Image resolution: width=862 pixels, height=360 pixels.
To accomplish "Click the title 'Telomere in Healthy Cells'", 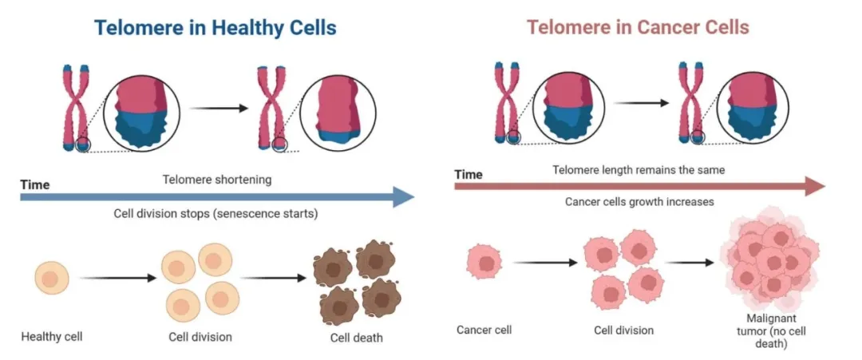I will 215,28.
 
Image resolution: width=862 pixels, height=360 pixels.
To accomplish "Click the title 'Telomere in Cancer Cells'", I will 638,28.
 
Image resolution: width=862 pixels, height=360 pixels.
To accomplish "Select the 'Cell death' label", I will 356,338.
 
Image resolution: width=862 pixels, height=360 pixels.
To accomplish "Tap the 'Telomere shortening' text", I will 216,180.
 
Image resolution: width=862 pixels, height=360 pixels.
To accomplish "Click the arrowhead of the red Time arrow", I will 816,186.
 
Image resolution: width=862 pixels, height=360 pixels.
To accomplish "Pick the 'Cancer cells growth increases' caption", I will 639,202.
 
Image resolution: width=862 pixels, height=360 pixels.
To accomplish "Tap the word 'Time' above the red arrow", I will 469,175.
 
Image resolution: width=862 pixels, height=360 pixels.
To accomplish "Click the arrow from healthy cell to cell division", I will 116,279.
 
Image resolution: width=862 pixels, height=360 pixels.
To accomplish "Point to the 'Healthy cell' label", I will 52,336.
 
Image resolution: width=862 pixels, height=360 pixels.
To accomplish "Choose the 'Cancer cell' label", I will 484,330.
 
